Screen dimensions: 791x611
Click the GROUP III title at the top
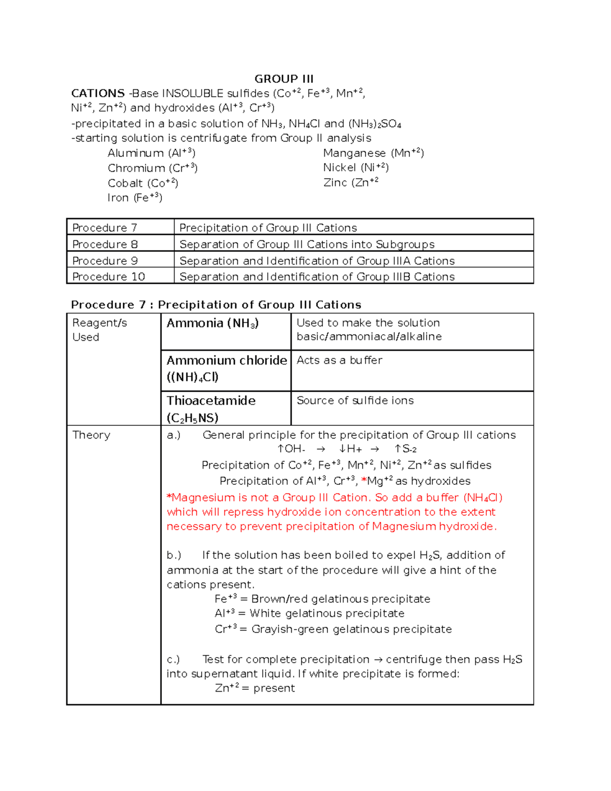(x=284, y=79)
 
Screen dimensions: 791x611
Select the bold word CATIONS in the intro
(x=98, y=93)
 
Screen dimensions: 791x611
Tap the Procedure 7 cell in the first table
(x=104, y=228)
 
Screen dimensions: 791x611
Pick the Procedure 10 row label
(x=108, y=277)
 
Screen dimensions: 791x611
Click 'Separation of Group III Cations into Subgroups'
(x=307, y=244)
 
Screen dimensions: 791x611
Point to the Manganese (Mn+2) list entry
(x=373, y=153)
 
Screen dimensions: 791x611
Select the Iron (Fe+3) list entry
(x=134, y=198)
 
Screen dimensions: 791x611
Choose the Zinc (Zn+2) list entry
(x=350, y=182)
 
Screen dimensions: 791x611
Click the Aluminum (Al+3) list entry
(x=151, y=153)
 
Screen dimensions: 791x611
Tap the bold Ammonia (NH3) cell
(x=212, y=323)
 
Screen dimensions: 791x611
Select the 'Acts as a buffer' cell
(x=339, y=360)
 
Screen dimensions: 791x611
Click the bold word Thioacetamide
(x=211, y=401)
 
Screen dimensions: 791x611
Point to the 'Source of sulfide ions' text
(x=355, y=401)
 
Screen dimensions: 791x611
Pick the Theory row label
(x=91, y=435)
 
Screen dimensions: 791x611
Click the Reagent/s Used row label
(x=99, y=330)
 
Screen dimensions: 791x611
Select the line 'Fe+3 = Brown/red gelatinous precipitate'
(x=322, y=599)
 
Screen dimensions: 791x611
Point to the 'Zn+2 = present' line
(x=255, y=688)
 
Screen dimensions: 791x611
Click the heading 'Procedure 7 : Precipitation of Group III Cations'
(x=216, y=305)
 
